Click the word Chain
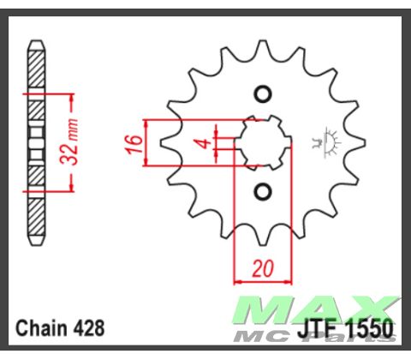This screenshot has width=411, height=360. [x=39, y=327]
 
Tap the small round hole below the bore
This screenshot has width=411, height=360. [x=263, y=189]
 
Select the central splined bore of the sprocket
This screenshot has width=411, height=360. [x=263, y=141]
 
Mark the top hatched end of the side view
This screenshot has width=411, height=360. [x=36, y=64]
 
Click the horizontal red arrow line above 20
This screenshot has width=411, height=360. [x=263, y=280]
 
